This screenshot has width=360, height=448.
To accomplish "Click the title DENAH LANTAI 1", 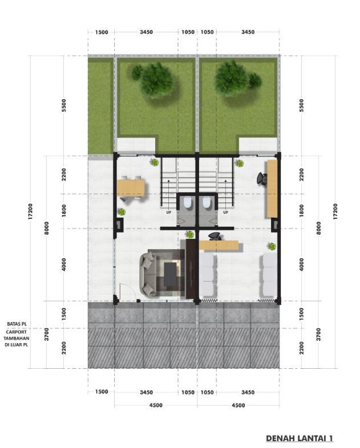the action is (x=300, y=438).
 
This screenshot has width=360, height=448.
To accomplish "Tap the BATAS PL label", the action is (x=17, y=324).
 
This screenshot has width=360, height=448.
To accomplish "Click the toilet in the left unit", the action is (x=188, y=202).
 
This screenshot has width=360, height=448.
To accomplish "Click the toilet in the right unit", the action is (x=207, y=202).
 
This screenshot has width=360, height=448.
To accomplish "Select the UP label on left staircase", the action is (x=169, y=212).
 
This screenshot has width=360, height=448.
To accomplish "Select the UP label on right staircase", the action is (x=225, y=212).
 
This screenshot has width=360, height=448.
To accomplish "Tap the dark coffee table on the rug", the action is (x=171, y=274).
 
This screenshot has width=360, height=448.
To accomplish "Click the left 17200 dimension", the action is (x=30, y=211).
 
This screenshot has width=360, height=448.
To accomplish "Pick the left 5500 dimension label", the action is (x=64, y=105).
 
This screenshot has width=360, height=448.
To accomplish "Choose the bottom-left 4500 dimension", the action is (x=156, y=405).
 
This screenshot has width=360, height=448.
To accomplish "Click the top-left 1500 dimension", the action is (x=102, y=32).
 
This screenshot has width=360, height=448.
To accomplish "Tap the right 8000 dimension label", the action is (x=318, y=228).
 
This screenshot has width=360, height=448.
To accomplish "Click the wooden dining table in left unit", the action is (x=131, y=188).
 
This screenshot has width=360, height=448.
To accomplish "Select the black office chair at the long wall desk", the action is (x=262, y=178).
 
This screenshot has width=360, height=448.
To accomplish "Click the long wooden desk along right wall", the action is (x=272, y=189).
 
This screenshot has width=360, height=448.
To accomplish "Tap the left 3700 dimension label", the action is (x=47, y=334).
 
